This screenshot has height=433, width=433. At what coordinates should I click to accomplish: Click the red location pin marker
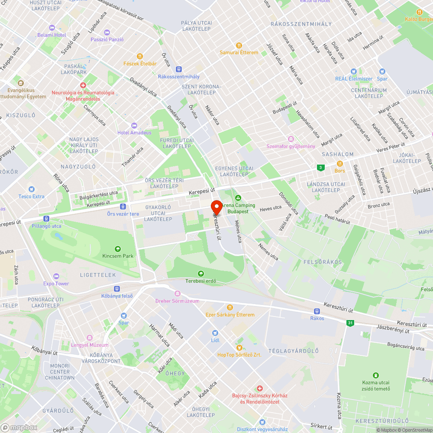[216, 207]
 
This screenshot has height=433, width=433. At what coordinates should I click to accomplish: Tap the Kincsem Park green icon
[118, 249]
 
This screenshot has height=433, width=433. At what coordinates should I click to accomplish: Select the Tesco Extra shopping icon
[31, 189]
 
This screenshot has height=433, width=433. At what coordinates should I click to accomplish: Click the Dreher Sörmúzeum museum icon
[177, 293]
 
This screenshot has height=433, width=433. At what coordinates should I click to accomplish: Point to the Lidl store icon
[215, 333]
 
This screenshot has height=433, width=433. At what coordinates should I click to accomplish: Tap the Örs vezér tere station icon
[123, 207]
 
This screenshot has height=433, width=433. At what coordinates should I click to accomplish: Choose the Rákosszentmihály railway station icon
[178, 69]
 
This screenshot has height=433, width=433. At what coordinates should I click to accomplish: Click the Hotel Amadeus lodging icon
[134, 125]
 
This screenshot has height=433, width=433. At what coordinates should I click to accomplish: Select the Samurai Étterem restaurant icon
[239, 45]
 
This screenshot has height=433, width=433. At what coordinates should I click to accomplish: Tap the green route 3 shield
[320, 167]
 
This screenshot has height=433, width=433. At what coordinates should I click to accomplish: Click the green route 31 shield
[349, 323]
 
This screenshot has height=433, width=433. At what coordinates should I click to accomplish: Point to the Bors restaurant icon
[340, 164]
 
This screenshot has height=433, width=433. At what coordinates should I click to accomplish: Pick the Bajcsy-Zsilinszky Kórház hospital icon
[260, 388]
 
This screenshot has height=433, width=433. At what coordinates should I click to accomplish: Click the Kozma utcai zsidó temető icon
[376, 375]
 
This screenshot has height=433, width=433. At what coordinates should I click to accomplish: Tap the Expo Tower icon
[56, 276]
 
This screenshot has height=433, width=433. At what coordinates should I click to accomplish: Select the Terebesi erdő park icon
[200, 274]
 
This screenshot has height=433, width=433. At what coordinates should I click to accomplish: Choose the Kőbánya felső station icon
[117, 289]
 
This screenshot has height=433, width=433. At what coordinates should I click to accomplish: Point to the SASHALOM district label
[338, 154]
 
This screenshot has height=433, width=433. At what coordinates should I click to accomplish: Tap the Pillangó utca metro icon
[46, 219]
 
